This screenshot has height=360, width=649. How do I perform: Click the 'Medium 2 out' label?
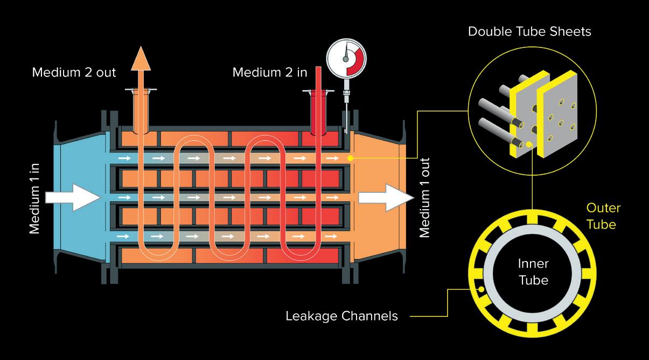coord(74,72)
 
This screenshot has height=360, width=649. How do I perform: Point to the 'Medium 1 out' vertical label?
coord(425,198)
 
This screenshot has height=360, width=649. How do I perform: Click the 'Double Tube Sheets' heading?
coord(529,31)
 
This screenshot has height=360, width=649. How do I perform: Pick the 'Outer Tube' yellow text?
coord(603,216)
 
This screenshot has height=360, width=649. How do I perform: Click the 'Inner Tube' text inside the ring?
coord(533,272)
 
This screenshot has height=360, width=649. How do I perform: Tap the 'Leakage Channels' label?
coord(341,316)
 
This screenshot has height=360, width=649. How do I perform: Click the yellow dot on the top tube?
coord(351,158)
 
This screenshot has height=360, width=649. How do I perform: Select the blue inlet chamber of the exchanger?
coord(81,162)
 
